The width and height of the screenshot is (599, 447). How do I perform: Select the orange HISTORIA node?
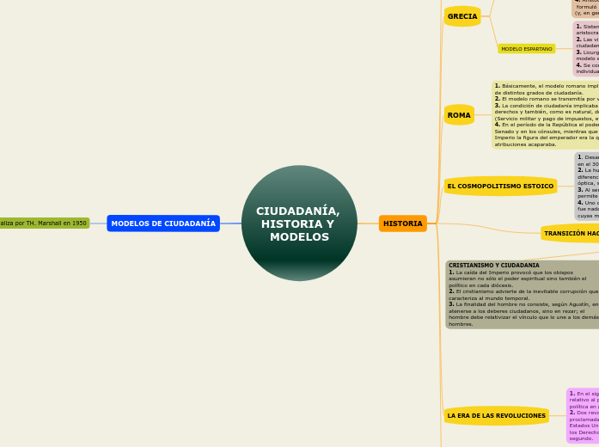point(402,223)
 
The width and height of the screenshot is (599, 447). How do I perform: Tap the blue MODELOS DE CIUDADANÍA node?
point(163,223)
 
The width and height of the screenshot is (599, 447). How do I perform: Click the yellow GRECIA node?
point(462,16)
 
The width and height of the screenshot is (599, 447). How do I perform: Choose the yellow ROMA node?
point(459,115)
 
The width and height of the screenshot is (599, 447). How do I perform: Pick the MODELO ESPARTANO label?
point(526,49)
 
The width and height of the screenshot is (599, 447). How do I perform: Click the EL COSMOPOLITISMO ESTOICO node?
point(500,186)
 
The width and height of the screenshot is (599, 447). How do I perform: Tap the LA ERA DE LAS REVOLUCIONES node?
point(497,415)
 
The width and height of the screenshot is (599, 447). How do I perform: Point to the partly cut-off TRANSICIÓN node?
point(571,233)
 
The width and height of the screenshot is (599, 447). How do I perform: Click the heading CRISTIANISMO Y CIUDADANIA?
point(494,266)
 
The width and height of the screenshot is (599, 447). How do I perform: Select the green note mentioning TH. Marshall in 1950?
point(44,223)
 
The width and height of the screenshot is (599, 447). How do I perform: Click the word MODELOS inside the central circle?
point(299,237)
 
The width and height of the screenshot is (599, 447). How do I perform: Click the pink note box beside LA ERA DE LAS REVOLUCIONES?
point(582,415)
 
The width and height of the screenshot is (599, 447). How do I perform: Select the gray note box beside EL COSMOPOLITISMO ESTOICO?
point(586,186)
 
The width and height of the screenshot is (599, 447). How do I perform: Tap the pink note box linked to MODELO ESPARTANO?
point(585,49)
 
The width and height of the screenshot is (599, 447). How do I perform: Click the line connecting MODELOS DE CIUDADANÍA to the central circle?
point(230,223)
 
